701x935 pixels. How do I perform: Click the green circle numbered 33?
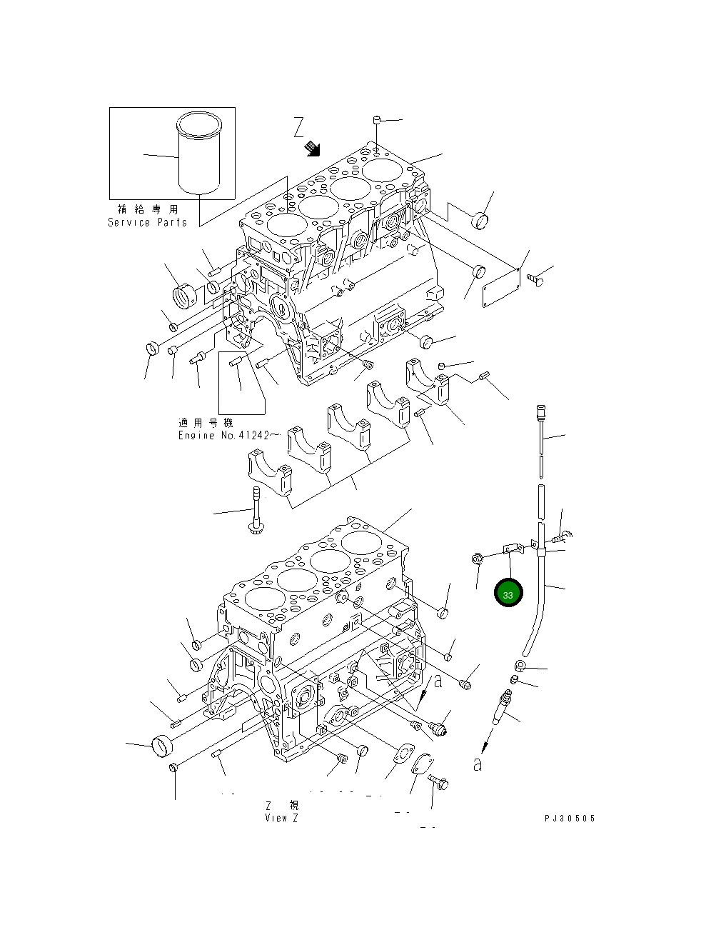point(508,594)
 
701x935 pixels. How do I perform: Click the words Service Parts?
point(147,222)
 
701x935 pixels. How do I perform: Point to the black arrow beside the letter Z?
point(312,149)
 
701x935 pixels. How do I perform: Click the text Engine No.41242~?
point(224,435)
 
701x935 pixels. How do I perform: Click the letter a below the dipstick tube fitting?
point(477,765)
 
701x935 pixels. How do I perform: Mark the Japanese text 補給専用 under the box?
point(148,209)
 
